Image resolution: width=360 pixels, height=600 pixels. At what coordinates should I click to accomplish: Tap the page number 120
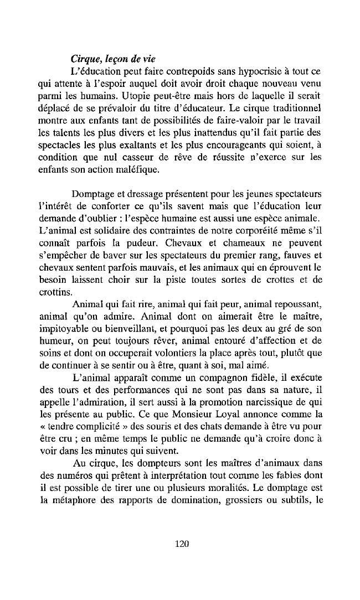click(x=182, y=544)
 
